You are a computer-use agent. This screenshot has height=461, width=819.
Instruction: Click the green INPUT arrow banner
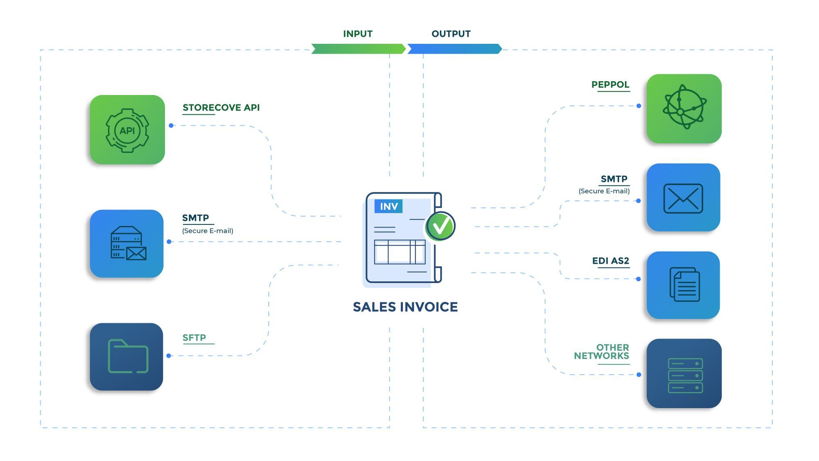tap(358, 49)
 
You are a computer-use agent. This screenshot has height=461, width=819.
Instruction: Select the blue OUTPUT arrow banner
tap(454, 49)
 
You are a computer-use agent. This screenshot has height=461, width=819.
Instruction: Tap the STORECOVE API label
tap(221, 108)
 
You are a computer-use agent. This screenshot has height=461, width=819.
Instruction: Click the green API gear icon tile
tap(127, 130)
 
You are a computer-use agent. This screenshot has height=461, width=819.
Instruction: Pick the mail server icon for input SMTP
tap(127, 244)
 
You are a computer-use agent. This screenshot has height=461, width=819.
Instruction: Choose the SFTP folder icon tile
tap(127, 357)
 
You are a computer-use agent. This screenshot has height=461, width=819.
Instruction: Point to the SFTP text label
tap(194, 338)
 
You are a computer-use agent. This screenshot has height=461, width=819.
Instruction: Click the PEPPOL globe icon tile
tap(684, 108)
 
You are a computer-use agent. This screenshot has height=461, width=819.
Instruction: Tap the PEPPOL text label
tap(610, 85)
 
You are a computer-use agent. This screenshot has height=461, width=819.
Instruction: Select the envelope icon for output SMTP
tap(683, 198)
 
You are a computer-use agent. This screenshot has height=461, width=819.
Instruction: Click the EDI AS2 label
tap(611, 261)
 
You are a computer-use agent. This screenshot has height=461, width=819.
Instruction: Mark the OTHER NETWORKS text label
tap(602, 352)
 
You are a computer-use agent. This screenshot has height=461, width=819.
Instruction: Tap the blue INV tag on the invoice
tap(389, 206)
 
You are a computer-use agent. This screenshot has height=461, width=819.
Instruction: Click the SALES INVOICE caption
tap(405, 307)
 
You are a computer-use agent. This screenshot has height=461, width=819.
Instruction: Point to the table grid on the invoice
tap(400, 252)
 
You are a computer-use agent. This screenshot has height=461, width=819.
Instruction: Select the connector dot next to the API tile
tap(171, 126)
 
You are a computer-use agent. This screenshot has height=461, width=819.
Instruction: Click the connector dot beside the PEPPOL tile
tap(639, 106)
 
